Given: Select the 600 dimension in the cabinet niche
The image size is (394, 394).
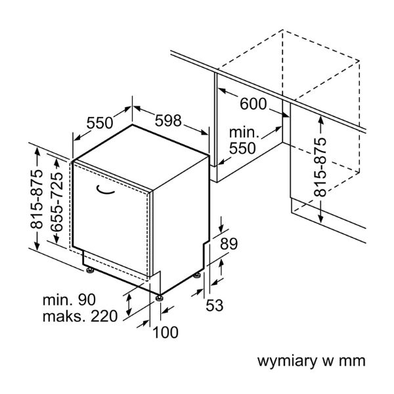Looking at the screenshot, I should point(253,104).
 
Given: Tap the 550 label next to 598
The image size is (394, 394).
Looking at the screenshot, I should point(100,122).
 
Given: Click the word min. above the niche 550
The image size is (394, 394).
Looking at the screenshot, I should point(244,133).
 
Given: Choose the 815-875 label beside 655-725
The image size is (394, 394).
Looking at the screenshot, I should point(37,198).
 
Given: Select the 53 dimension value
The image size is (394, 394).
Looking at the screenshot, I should point(215,305).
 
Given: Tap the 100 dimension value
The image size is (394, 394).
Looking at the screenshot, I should point(165,332).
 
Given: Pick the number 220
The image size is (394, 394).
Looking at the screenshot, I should point(104,317).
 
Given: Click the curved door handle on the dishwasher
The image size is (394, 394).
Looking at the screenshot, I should point(105,191).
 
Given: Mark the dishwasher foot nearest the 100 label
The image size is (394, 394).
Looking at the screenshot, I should point(159,297).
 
